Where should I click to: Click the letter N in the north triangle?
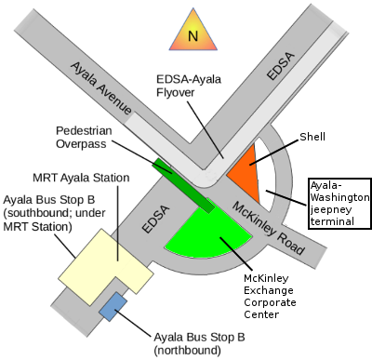193,36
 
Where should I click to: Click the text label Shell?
312,139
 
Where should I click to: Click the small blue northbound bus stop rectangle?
114,307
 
